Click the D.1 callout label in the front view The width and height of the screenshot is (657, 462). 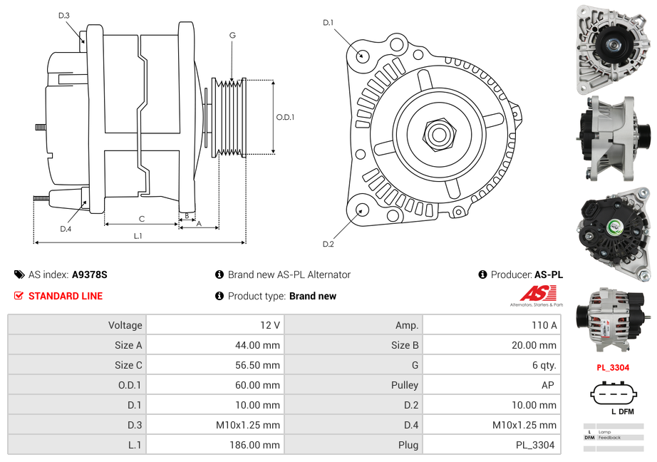[328, 23]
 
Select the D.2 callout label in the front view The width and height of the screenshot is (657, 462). [328, 245]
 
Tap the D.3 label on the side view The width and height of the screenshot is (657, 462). [64, 15]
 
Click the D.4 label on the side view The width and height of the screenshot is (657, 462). [66, 229]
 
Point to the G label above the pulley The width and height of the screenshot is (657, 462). [232, 35]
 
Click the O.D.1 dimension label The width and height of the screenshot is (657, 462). [285, 117]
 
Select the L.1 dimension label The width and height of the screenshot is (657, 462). [138, 236]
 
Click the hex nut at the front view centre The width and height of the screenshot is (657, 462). [438, 133]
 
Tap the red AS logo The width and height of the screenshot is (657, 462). [538, 293]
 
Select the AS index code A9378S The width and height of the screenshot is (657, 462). [89, 274]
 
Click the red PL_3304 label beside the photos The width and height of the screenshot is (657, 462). [613, 368]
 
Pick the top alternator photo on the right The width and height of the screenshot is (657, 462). [614, 48]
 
